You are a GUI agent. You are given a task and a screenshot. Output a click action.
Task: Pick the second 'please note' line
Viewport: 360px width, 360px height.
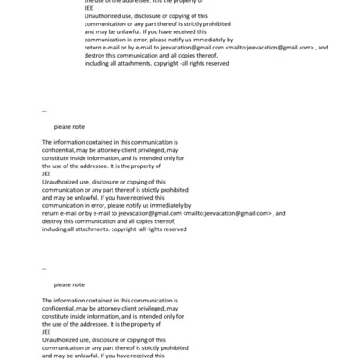(68, 284)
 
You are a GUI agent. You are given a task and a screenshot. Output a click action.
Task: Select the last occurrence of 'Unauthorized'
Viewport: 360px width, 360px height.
(62, 339)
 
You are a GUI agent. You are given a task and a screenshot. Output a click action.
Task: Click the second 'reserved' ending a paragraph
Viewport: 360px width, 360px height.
(174, 229)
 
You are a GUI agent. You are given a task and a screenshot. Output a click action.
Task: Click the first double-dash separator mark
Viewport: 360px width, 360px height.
(44, 110)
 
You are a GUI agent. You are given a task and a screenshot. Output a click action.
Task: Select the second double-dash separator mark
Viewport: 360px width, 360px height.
(44, 267)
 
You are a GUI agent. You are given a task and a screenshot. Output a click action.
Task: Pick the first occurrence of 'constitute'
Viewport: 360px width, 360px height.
(58, 157)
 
